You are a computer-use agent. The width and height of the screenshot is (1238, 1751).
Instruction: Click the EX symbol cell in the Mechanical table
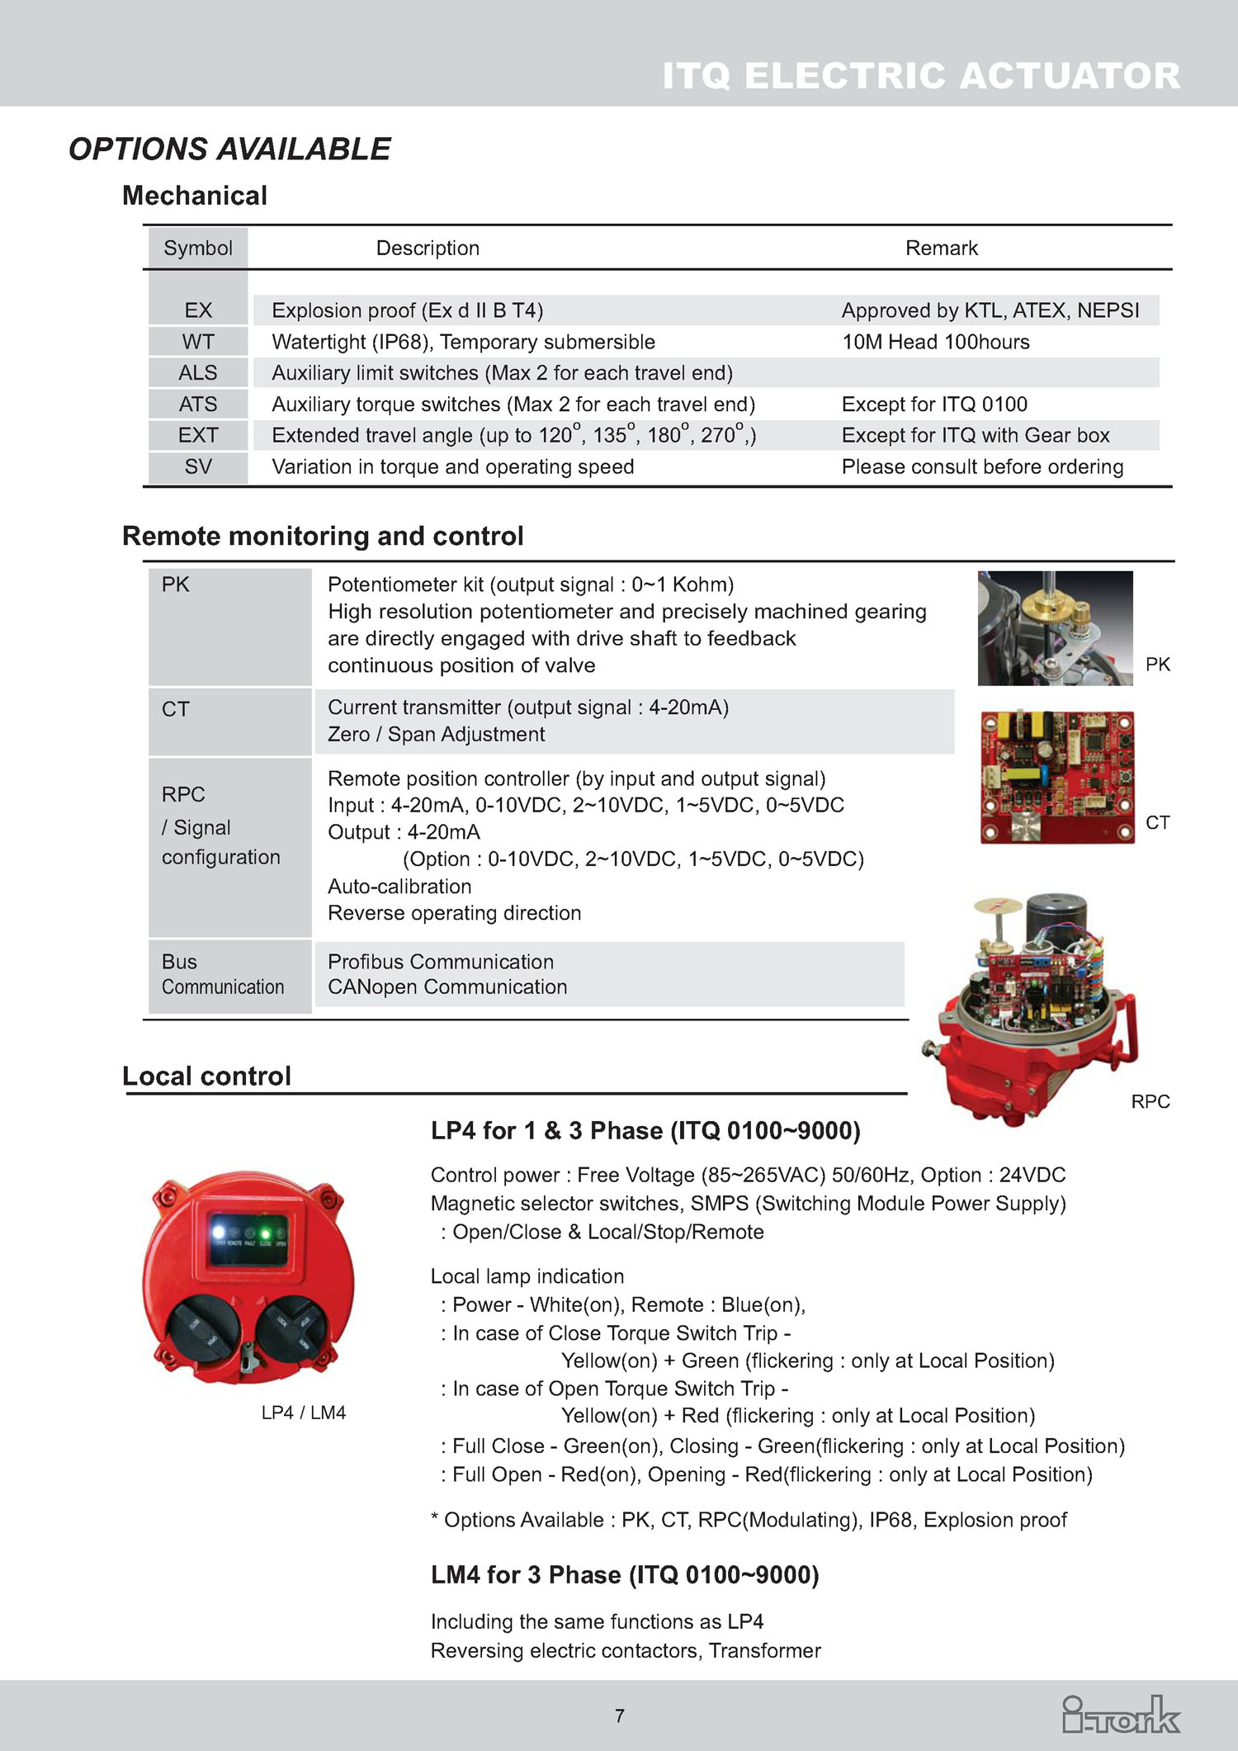(x=198, y=310)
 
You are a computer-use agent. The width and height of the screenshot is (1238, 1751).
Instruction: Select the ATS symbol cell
(x=198, y=405)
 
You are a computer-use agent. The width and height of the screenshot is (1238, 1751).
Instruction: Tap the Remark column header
(x=941, y=248)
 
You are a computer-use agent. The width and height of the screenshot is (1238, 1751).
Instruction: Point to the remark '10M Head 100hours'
(x=935, y=342)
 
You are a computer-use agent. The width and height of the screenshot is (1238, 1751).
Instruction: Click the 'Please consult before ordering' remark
(x=982, y=467)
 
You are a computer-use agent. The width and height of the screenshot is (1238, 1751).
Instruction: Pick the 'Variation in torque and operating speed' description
(x=452, y=467)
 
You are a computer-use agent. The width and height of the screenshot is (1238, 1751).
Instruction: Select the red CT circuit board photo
(x=1056, y=777)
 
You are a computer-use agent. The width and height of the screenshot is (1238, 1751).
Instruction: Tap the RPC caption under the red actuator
(x=1151, y=1101)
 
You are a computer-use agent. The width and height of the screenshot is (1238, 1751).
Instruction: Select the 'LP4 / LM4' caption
(x=303, y=1413)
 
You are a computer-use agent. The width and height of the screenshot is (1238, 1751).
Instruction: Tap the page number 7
(x=620, y=1716)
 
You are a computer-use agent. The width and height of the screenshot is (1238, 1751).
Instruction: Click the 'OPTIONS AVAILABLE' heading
(x=229, y=149)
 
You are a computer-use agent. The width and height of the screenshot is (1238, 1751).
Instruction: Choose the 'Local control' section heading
(x=206, y=1077)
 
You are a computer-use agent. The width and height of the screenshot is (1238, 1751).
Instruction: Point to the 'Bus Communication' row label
(x=222, y=974)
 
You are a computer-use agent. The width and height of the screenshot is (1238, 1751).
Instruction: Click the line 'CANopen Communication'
(x=447, y=987)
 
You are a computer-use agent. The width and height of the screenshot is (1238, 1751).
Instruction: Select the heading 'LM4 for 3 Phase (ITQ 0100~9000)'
(x=625, y=1575)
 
